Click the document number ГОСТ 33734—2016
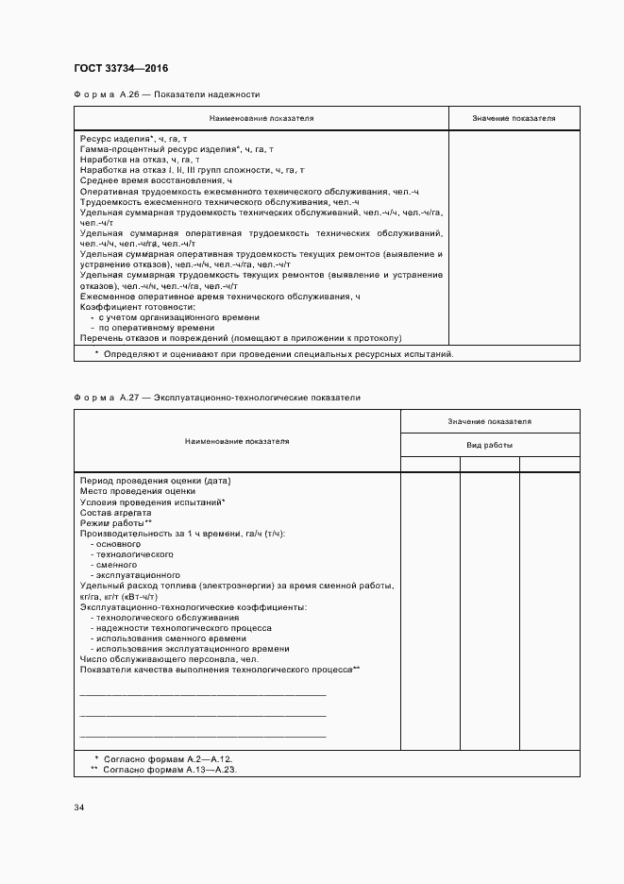[121, 68]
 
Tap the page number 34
[79, 807]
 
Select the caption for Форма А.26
[166, 94]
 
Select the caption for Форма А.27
[217, 398]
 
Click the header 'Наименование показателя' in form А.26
[261, 118]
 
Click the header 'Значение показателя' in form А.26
[514, 118]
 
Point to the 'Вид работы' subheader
[490, 444]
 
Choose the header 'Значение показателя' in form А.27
[490, 421]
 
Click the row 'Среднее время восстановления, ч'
[156, 179]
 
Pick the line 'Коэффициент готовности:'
[137, 307]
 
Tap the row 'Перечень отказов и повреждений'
[241, 338]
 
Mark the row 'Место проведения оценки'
[138, 491]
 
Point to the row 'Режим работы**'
[116, 522]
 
